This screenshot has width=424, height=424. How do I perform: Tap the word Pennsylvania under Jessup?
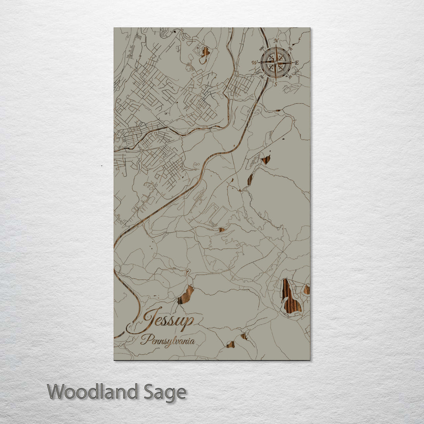[168, 340]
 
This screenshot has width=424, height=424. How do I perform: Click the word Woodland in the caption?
[93, 392]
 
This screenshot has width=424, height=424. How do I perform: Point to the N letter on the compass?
[276, 41]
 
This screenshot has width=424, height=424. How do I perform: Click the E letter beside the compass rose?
[297, 63]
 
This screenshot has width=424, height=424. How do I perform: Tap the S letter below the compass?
[276, 84]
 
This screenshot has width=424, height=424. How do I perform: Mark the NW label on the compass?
[262, 49]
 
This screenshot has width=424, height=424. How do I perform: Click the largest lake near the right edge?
[290, 297]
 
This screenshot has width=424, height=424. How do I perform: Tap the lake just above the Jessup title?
[186, 295]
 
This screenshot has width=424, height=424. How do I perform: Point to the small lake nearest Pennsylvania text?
[230, 344]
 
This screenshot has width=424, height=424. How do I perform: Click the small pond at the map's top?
[205, 52]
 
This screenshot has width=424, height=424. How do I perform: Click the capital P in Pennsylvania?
[144, 340]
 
